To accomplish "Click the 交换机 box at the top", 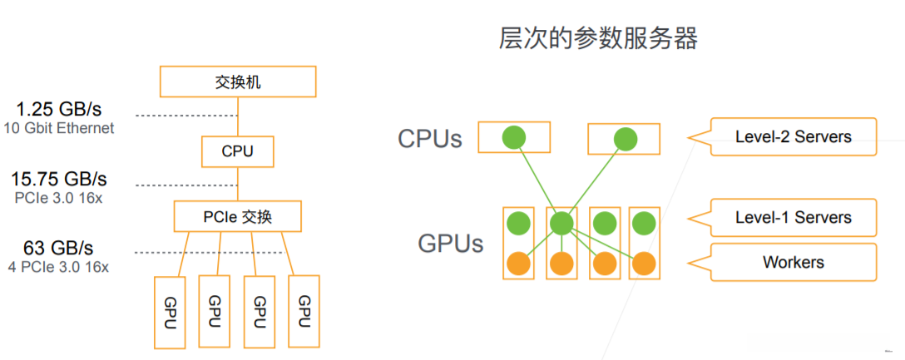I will (237, 81).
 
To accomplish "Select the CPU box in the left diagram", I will (237, 151).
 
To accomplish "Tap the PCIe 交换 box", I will (237, 216).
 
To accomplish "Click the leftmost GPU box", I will (171, 312).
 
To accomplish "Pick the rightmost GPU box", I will (304, 312).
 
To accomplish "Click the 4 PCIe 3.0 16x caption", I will (58, 267).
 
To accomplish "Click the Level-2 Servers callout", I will (793, 136).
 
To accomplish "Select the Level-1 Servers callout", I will (793, 218).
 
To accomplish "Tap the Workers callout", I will (793, 262).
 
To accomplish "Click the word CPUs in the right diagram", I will (429, 138).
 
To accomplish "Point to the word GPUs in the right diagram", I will (451, 244).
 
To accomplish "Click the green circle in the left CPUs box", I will (515, 138).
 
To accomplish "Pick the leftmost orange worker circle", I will (518, 263).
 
